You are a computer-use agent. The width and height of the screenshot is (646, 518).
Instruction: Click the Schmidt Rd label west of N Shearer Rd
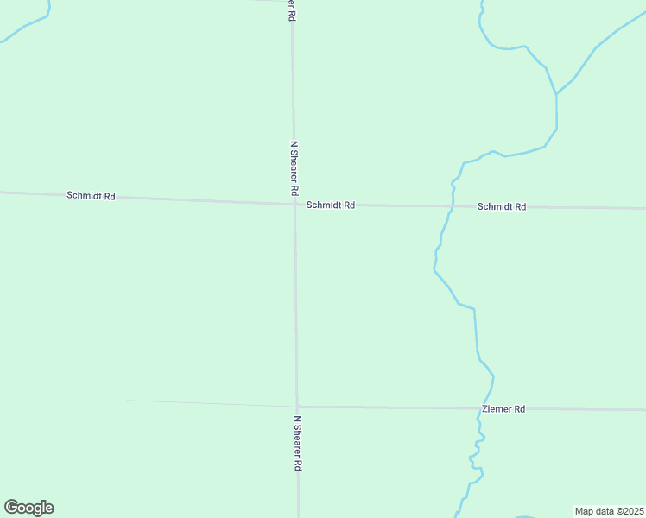[x=91, y=196]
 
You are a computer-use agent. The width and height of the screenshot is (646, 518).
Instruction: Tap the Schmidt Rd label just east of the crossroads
[x=331, y=205]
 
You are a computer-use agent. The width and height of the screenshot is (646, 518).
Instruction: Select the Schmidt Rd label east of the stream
[x=502, y=207]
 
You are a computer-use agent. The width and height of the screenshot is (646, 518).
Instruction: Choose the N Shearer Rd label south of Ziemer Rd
[x=297, y=443]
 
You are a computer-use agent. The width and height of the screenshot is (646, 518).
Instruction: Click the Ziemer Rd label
[x=503, y=408]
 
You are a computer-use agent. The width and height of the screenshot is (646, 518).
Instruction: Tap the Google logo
[x=29, y=508]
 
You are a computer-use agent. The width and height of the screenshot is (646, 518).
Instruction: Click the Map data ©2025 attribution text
[x=609, y=511]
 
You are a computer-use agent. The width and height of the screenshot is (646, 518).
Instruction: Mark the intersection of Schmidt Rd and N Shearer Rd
[x=294, y=205]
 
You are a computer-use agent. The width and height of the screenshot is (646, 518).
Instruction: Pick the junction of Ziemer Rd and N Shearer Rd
[x=297, y=406]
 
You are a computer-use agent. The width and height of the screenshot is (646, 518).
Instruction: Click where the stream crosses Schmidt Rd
[x=451, y=207]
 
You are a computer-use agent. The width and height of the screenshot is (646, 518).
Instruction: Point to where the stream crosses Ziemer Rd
[x=479, y=408]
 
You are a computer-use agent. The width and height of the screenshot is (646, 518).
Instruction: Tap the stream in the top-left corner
[x=26, y=26]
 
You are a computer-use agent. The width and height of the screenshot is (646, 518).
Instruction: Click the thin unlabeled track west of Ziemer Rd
[x=207, y=403]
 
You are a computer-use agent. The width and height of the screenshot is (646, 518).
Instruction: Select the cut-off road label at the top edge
[x=293, y=10]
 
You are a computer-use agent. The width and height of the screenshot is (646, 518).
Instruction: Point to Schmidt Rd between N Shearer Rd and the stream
[x=397, y=206]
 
